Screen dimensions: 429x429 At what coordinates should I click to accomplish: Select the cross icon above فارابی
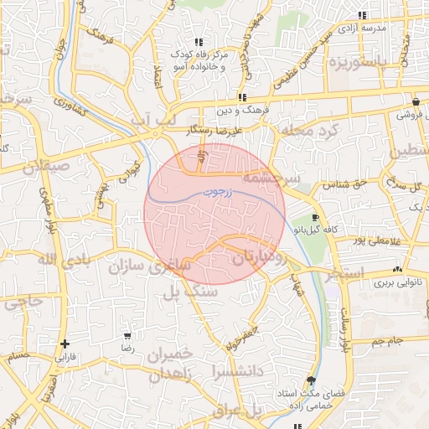[65, 344]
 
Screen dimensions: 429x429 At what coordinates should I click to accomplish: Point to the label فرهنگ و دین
[241, 111]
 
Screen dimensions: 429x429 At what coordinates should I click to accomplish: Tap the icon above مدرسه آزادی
[362, 15]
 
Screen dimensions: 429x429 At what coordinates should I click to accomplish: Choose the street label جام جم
[388, 341]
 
